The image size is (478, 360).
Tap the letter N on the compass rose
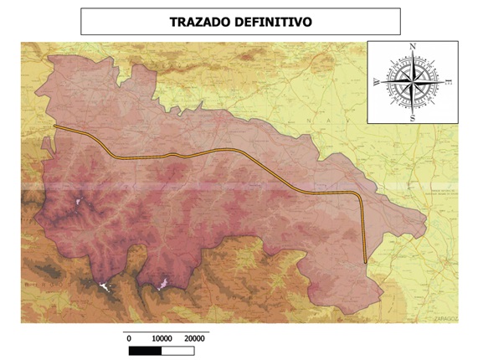click(x=412, y=47)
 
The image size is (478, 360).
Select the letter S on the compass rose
click(x=412, y=118)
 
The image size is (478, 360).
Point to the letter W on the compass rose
click(x=376, y=82)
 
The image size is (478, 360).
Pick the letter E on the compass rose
click(x=450, y=82)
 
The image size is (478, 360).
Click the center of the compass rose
click(x=412, y=82)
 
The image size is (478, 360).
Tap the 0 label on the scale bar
click(x=129, y=337)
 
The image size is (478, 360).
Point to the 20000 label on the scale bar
click(x=194, y=337)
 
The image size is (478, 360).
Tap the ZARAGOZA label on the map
click(x=447, y=318)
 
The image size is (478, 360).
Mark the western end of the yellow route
click(x=54, y=126)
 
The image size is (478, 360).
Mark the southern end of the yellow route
click(x=366, y=263)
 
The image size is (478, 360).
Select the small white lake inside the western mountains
click(x=80, y=202)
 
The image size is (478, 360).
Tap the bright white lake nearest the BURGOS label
click(x=105, y=287)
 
